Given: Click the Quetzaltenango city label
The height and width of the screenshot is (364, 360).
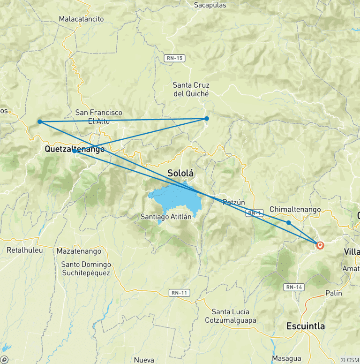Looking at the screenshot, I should [x=75, y=149].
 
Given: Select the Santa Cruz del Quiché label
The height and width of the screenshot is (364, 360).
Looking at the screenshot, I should [x=191, y=89].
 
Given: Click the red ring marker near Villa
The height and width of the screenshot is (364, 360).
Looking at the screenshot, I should [x=320, y=245].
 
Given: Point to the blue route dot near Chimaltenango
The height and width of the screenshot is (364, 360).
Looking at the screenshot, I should [x=289, y=222].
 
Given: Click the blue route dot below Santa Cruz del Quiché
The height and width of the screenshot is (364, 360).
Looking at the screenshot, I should [x=206, y=118].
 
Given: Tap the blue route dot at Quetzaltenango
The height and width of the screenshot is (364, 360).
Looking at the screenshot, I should [x=75, y=152].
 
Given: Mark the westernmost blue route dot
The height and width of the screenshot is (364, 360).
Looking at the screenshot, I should [x=40, y=121].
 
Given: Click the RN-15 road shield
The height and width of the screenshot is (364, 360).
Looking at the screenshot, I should [x=174, y=58].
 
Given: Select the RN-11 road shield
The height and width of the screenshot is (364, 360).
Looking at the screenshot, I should [x=179, y=293].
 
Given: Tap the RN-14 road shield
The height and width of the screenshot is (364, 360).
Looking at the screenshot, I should [x=293, y=287].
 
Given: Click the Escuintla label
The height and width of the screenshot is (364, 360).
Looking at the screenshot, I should [x=306, y=326].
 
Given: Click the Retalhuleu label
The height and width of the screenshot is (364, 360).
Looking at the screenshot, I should [x=24, y=250].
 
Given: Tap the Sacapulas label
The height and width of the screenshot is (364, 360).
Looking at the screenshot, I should [x=210, y=5].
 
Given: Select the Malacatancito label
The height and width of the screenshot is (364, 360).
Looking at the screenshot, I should [x=81, y=19].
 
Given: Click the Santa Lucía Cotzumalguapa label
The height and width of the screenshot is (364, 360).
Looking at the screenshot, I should [x=231, y=316].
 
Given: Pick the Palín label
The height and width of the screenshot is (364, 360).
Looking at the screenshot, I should [x=333, y=293].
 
